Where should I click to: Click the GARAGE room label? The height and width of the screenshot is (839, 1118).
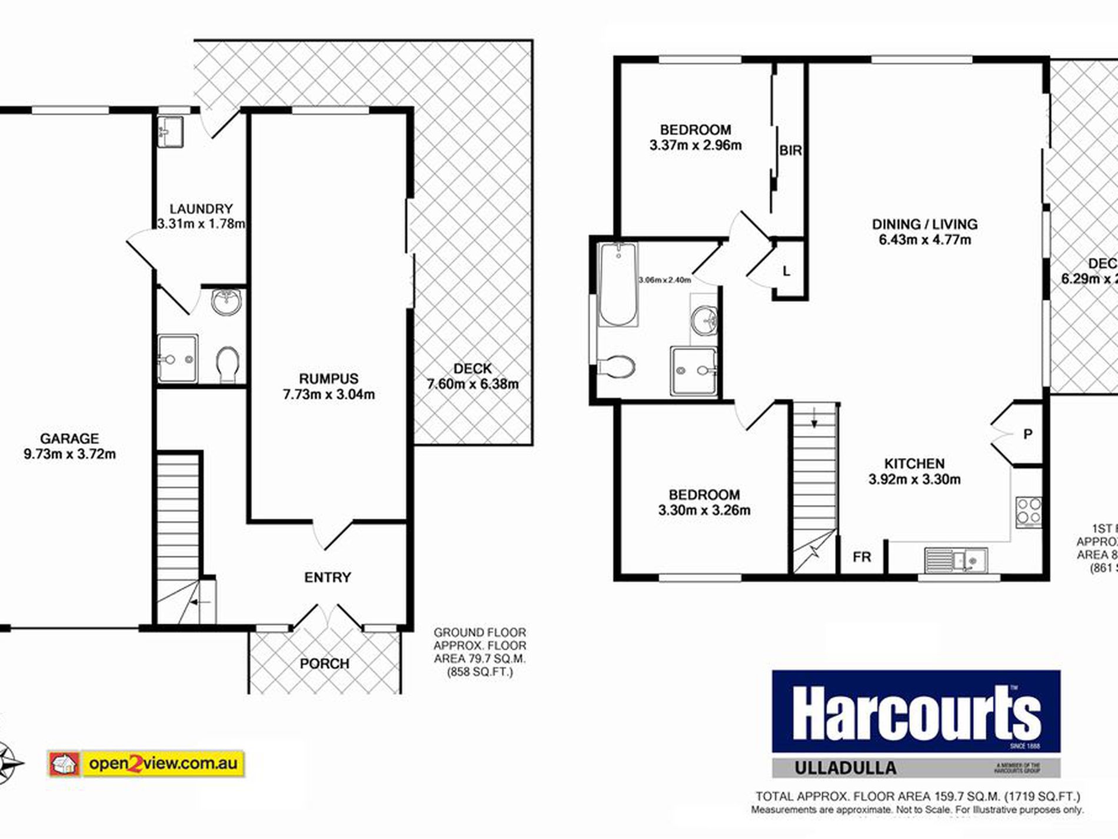click(x=69, y=439)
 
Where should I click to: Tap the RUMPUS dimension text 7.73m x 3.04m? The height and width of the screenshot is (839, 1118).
click(x=329, y=394)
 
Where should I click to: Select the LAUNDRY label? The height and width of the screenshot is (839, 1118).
click(x=201, y=209)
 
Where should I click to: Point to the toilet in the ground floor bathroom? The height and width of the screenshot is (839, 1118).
click(x=227, y=364)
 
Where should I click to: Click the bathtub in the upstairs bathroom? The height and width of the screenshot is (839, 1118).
click(x=618, y=284)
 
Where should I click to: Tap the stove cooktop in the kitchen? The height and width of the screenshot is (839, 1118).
click(x=1028, y=511)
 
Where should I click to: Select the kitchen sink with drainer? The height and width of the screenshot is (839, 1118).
click(x=956, y=561)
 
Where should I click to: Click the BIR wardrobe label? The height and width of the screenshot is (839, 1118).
click(x=790, y=151)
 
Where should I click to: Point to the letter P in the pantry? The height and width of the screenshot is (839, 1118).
click(x=1027, y=435)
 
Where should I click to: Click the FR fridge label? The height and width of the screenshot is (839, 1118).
click(x=861, y=557)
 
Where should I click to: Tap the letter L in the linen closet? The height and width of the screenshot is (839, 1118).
click(x=786, y=271)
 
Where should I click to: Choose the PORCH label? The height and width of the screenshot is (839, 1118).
click(x=324, y=664)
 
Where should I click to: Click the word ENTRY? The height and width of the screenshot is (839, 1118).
click(x=327, y=578)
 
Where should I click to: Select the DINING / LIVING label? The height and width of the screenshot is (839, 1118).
click(x=924, y=224)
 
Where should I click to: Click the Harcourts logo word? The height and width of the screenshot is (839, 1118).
click(x=916, y=713)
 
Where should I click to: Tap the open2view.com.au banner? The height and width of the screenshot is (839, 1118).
click(x=146, y=764)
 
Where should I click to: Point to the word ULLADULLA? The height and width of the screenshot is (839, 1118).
click(x=845, y=768)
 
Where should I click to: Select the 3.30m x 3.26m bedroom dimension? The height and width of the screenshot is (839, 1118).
click(x=704, y=510)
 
